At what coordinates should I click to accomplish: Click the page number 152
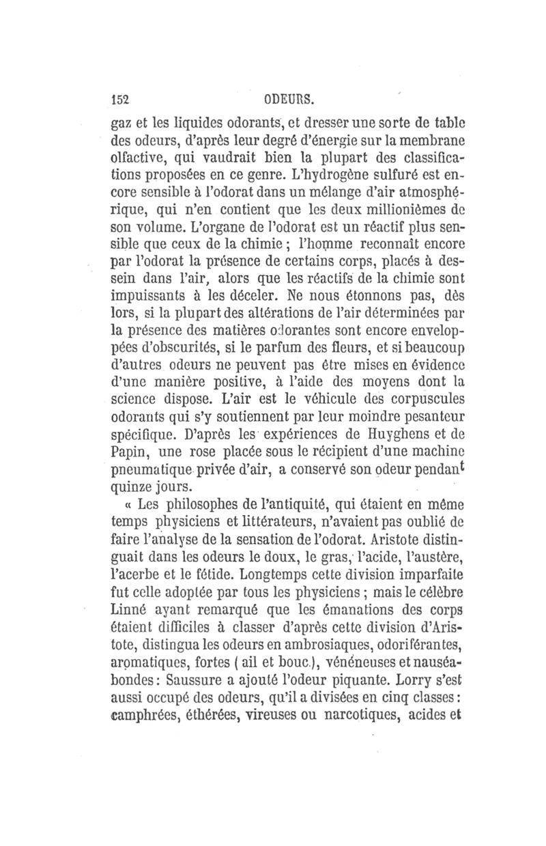pyautogui.click(x=121, y=100)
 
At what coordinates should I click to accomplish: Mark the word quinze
pyautogui.click(x=130, y=487)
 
